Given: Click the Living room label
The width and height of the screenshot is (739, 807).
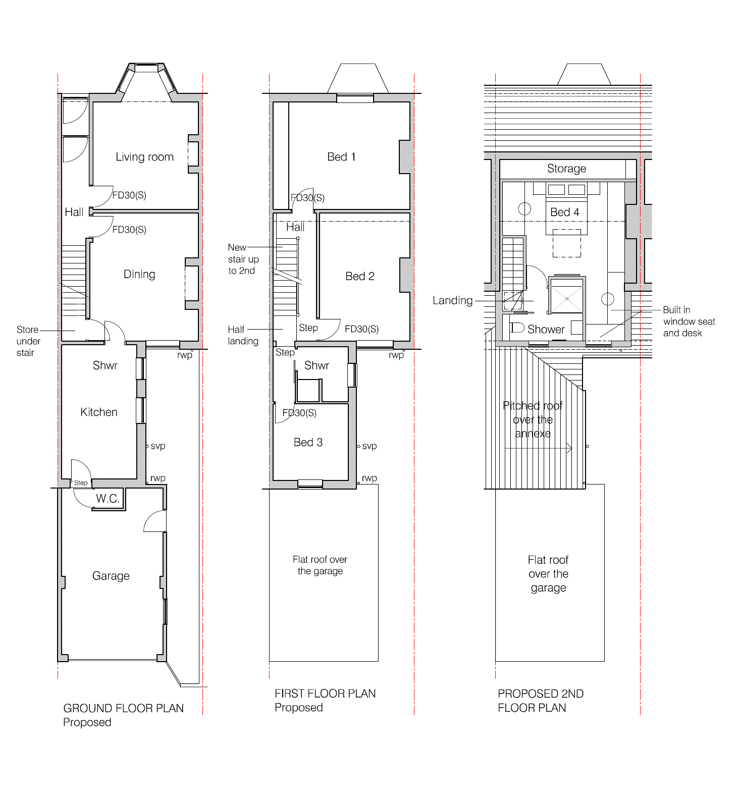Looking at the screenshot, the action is pyautogui.click(x=144, y=157).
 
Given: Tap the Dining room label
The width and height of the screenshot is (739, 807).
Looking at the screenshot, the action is pyautogui.click(x=139, y=274).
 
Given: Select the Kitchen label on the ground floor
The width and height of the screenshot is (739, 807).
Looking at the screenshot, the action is pyautogui.click(x=99, y=412).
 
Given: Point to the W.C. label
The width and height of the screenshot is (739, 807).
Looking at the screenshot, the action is pyautogui.click(x=108, y=499).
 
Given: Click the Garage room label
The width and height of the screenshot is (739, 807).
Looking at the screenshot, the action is pyautogui.click(x=111, y=576).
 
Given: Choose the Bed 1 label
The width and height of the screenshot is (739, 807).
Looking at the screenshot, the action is pyautogui.click(x=341, y=157).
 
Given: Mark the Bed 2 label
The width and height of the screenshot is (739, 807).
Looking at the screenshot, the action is pyautogui.click(x=360, y=276).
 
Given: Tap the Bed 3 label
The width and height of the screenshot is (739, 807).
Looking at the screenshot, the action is pyautogui.click(x=308, y=442).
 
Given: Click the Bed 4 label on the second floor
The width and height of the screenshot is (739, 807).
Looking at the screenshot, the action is pyautogui.click(x=564, y=212).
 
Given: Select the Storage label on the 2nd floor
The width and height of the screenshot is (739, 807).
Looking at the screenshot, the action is pyautogui.click(x=566, y=169).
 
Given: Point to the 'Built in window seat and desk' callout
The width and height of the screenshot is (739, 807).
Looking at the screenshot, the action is pyautogui.click(x=689, y=321).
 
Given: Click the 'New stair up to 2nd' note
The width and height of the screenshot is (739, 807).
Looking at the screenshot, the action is pyautogui.click(x=243, y=259).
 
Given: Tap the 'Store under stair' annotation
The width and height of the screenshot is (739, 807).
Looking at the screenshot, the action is pyautogui.click(x=28, y=341).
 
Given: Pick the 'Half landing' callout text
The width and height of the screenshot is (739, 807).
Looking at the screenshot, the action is pyautogui.click(x=243, y=335).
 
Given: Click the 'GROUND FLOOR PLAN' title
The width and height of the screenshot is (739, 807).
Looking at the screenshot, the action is pyautogui.click(x=123, y=708).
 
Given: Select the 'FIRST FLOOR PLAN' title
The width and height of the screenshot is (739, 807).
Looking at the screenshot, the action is pyautogui.click(x=325, y=693).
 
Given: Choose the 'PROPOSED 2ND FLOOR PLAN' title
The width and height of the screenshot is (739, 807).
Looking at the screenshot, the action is pyautogui.click(x=541, y=701).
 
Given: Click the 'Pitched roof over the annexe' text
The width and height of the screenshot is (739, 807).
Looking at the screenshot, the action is pyautogui.click(x=533, y=419).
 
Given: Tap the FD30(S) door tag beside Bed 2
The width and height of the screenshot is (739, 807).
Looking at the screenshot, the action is pyautogui.click(x=361, y=329).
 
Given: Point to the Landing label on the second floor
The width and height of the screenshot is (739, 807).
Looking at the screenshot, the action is pyautogui.click(x=452, y=300).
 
